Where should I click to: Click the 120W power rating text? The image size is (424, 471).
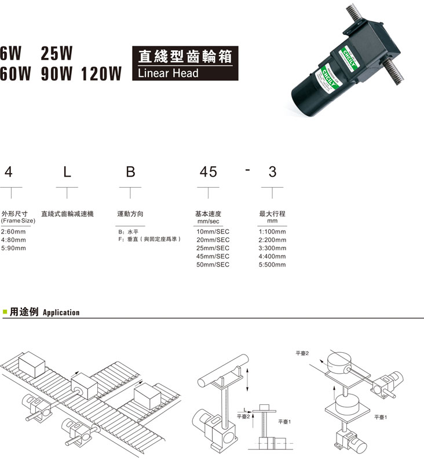pos(101,74)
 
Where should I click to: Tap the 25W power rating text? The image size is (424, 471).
pos(56,53)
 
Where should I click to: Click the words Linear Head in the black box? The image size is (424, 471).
pos(168,73)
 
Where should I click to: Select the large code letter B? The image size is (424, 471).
pos(130,171)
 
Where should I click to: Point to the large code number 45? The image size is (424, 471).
pos(209,171)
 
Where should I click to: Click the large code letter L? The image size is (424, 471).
pos(67,171)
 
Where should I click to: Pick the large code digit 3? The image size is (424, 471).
pos(272,171)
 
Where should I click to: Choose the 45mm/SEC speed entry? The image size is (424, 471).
pos(213,256)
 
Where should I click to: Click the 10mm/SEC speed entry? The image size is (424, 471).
pos(213,232)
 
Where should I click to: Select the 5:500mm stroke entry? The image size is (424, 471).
pos(272,265)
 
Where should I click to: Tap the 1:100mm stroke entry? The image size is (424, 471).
pos(272,232)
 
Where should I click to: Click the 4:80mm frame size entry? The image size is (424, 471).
pos(14,240)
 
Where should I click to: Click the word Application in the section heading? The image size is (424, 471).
pos(61,313)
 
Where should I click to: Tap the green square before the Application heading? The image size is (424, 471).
pos(5,312)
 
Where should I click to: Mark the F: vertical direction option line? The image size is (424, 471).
pos(149,239)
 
